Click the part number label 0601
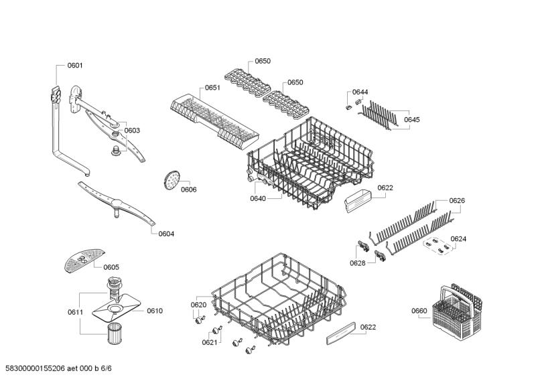75,66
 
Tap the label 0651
212,88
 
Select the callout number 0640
258,198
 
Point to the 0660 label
419,310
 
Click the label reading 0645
411,119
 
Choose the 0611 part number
75,312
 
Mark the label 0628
357,262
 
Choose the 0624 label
458,239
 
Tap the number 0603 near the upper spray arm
132,130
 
